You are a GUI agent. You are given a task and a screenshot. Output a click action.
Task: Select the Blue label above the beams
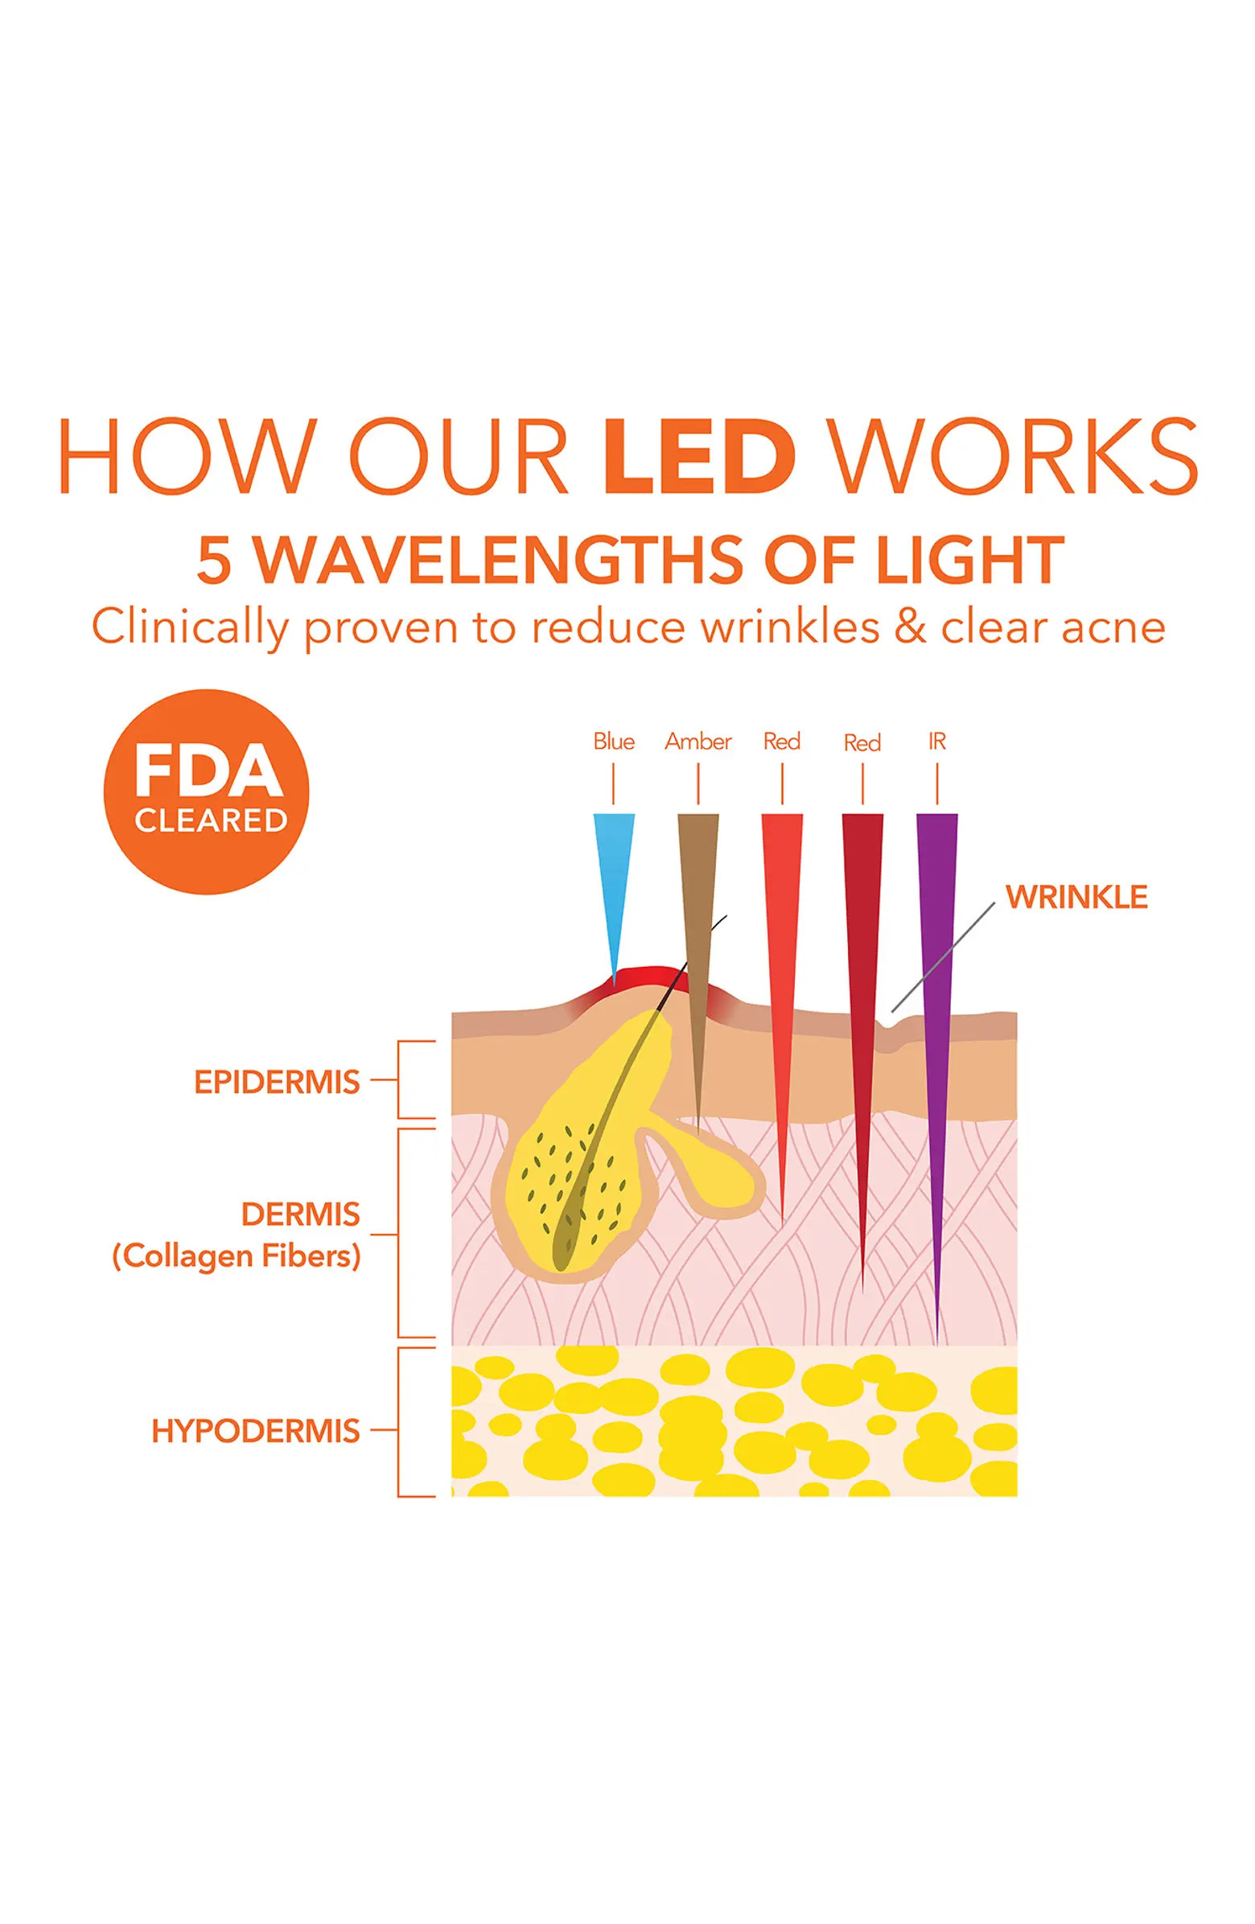coord(613,742)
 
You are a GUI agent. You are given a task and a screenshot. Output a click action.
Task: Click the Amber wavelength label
coord(697,742)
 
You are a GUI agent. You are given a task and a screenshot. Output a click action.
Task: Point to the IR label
coord(936,742)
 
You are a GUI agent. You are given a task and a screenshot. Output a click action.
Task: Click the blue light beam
coord(612,873)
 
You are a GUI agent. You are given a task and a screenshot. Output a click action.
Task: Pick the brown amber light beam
coord(697,890)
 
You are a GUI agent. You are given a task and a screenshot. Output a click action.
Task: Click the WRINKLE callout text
coord(1076,898)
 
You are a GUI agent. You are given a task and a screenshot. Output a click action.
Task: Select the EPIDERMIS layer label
coord(277,1083)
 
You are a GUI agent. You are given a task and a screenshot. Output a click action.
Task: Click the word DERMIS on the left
coord(300,1215)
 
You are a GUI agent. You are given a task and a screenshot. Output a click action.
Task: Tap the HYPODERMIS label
coord(256,1431)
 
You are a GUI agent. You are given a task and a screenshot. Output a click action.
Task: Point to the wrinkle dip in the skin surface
coord(889,1022)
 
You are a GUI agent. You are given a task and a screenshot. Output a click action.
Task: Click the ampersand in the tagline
coord(910,628)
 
